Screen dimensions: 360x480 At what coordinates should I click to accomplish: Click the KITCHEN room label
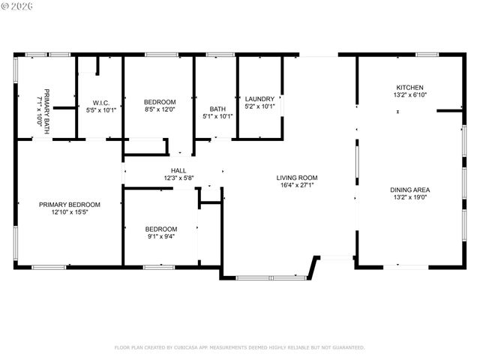click(409, 87)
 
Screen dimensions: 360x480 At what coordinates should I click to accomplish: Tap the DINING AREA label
click(409, 190)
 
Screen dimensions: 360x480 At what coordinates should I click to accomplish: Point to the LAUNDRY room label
click(259, 98)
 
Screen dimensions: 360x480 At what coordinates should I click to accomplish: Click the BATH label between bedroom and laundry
click(217, 108)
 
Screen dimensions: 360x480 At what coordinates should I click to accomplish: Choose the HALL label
click(178, 170)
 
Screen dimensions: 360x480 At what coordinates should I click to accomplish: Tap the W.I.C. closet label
click(102, 102)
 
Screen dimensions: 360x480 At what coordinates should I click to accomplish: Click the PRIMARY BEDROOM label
click(70, 204)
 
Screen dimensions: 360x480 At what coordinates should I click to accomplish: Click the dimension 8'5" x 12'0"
click(160, 109)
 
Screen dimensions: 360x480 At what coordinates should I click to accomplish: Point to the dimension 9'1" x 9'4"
click(161, 236)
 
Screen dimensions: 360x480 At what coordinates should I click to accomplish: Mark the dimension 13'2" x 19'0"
click(409, 197)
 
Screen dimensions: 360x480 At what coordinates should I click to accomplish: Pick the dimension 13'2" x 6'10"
click(409, 94)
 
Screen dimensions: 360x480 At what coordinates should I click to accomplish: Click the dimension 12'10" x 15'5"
click(70, 211)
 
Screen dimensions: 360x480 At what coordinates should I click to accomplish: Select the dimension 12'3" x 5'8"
click(178, 178)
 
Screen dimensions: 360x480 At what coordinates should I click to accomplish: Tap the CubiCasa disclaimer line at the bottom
click(239, 347)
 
